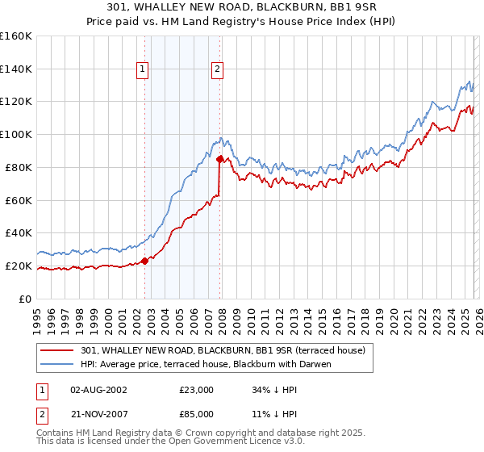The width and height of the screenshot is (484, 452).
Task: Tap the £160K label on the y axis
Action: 16,36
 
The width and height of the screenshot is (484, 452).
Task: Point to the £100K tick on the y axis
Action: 16,134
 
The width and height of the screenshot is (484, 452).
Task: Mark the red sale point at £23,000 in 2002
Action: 144,261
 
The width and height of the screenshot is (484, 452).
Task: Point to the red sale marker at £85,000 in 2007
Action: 219,159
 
